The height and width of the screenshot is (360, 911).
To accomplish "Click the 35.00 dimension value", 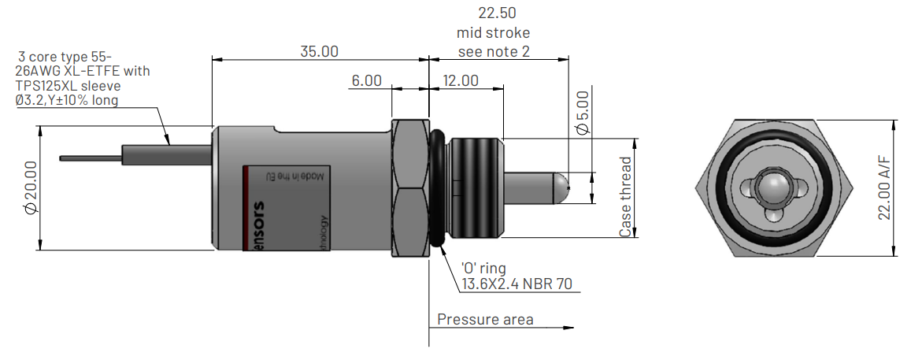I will [319, 52].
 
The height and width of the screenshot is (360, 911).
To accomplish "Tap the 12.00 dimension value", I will [461, 81].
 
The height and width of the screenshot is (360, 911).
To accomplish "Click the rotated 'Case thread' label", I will [626, 197].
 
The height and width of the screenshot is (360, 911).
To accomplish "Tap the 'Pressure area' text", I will [485, 320].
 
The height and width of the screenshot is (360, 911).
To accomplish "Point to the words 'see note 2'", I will [494, 52].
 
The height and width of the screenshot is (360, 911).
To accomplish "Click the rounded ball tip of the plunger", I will [561, 185].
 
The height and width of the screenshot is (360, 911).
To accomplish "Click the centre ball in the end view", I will [773, 187].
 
